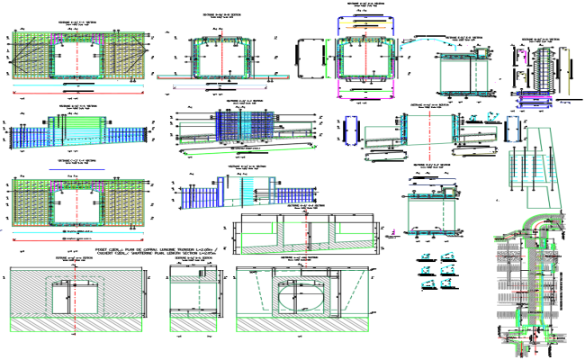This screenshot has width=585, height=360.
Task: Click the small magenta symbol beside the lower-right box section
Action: click(393, 236)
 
